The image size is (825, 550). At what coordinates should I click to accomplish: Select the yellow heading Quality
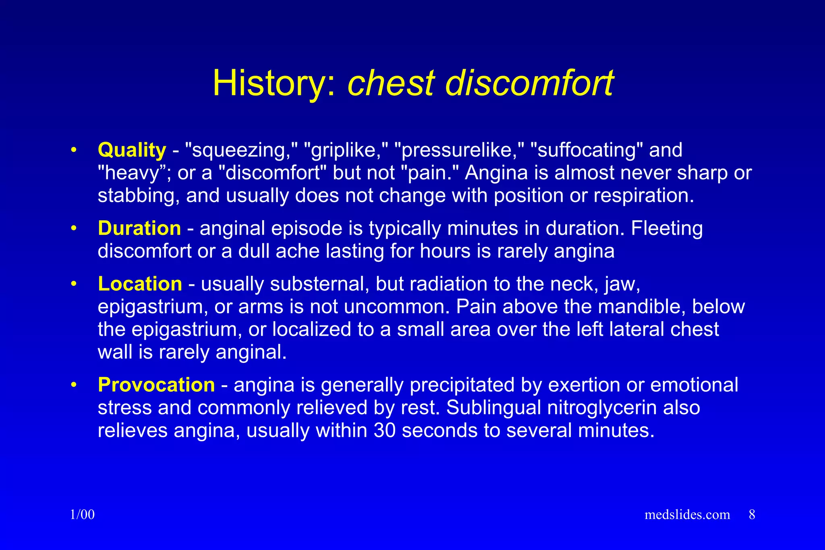tap(132, 150)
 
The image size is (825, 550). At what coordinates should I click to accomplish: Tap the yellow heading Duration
tap(139, 228)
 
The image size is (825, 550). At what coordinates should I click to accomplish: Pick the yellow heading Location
tap(140, 284)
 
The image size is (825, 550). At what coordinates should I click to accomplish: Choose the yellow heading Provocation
tap(156, 385)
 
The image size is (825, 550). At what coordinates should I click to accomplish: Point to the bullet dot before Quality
tap(73, 150)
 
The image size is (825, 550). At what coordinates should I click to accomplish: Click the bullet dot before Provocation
tap(73, 385)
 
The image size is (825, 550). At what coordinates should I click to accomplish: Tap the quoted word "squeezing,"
tap(241, 150)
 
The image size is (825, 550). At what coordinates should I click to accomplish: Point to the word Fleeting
tap(667, 228)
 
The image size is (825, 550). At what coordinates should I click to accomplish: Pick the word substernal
tap(320, 284)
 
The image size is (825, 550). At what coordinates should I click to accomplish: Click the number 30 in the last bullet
tap(384, 430)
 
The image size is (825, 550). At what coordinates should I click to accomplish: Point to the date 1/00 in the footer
tap(82, 515)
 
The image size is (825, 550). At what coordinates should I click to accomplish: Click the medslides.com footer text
tap(687, 515)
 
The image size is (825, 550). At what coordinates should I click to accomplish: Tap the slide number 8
tap(752, 515)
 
